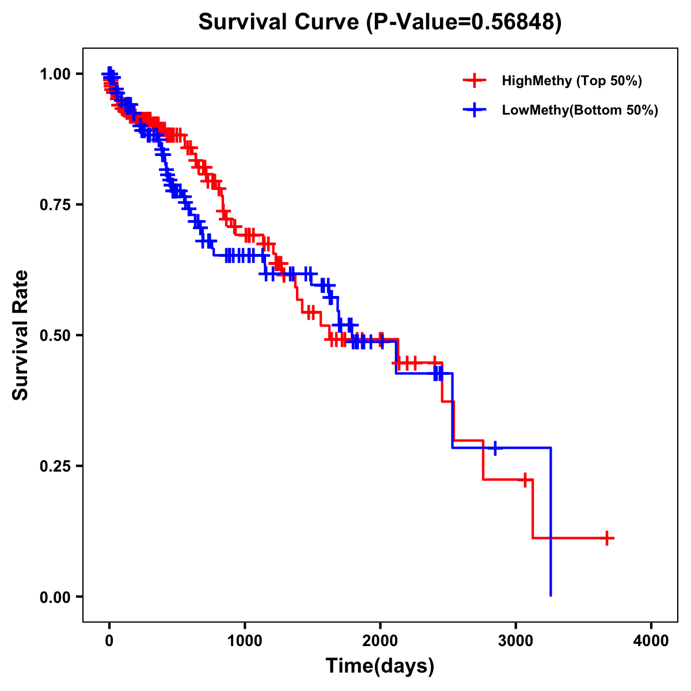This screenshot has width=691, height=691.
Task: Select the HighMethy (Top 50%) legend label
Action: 571,81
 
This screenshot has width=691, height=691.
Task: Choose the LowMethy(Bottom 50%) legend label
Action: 579,110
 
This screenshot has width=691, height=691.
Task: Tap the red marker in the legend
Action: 474,81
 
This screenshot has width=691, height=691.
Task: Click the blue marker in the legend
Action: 474,110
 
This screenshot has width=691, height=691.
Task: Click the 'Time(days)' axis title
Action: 380,666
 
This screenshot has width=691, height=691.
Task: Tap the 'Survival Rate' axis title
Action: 21,335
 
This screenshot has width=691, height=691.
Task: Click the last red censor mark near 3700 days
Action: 606,538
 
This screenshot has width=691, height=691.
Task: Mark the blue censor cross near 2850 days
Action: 495,447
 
